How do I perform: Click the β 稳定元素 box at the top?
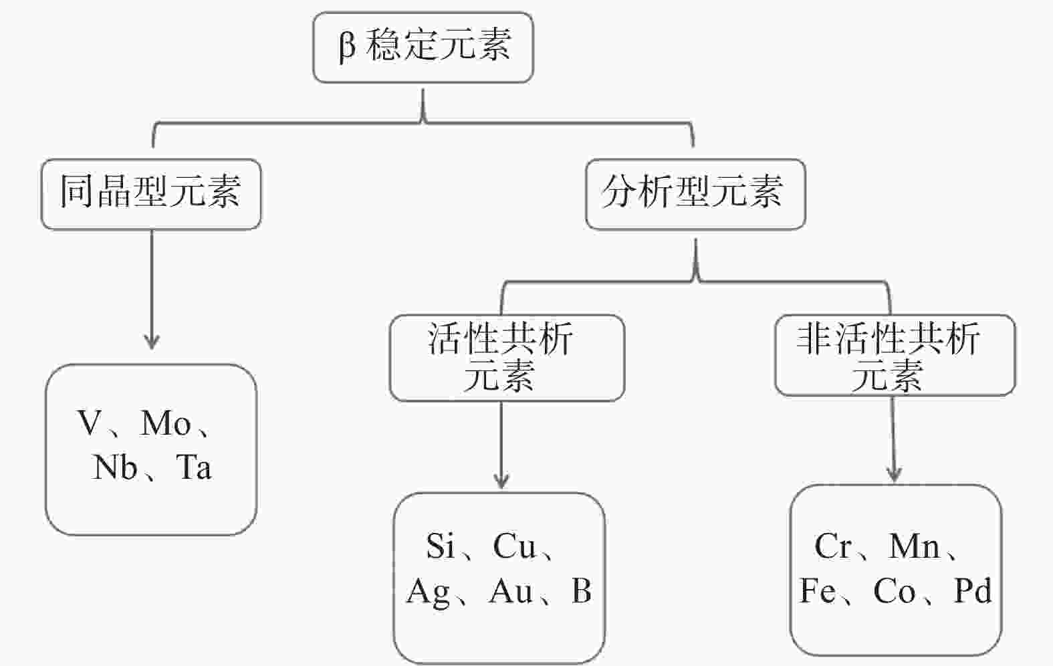point(423,47)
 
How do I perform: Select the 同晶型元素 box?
point(151,194)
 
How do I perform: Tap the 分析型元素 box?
point(695,194)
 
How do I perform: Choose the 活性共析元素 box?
point(507,358)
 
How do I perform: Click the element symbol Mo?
point(166,423)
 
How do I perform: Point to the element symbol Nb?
point(115,467)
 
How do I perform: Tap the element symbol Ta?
point(194,467)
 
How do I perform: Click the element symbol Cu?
point(515,546)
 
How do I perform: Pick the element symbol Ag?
point(428,592)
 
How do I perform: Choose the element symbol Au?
point(511,591)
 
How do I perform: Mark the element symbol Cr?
point(832,546)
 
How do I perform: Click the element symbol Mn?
point(914,546)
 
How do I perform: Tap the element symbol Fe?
point(818,591)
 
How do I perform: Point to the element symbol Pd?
point(973,591)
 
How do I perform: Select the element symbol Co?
point(895,591)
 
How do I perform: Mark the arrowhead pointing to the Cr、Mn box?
point(894,473)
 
